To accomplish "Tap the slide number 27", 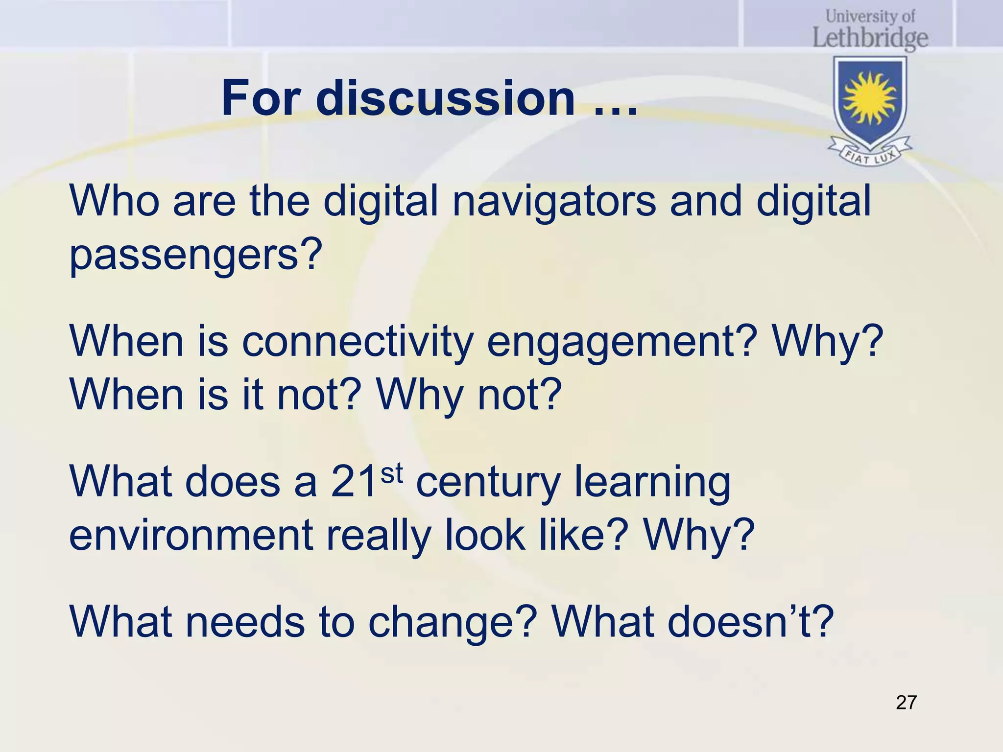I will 906,703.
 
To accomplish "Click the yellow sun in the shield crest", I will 870,98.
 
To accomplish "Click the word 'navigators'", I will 553,202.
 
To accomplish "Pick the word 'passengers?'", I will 196,256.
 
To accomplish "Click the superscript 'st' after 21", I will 392,474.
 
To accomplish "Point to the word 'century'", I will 488,482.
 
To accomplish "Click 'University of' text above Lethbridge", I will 870,17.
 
